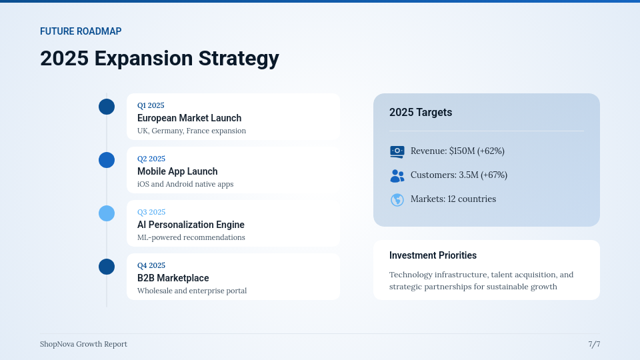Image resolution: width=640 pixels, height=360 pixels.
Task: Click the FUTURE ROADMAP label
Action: pos(81,31)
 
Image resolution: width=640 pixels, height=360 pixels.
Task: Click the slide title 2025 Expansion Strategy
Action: pos(159,58)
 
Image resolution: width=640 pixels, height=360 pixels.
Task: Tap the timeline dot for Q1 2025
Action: pos(107,107)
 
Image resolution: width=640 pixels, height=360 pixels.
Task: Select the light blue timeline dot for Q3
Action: pos(107,213)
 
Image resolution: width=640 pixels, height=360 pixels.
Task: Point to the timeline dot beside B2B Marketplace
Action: pos(107,267)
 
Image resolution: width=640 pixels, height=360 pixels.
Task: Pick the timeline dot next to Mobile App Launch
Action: pos(107,160)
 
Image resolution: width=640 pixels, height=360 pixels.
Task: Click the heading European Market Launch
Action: pos(189,118)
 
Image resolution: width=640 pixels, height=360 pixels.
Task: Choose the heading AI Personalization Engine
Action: pos(191,225)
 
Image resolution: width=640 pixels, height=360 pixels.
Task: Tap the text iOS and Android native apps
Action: pos(185,184)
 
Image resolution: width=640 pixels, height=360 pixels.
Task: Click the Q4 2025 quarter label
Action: pos(151,265)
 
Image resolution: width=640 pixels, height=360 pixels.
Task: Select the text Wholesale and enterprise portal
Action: pos(192,291)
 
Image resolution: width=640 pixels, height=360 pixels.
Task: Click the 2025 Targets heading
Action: pos(421,113)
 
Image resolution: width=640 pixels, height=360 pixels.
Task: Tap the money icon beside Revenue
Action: pos(397,151)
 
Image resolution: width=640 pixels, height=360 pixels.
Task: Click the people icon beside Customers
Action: pos(397,175)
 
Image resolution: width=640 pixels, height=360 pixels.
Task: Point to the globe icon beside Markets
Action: pos(397,199)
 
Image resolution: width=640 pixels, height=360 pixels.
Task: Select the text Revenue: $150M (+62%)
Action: pos(457,151)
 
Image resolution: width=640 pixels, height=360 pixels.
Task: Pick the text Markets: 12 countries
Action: pos(453,199)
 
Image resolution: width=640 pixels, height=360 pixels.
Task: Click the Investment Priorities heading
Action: pos(433,255)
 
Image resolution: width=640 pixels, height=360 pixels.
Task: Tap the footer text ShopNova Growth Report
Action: pos(83,344)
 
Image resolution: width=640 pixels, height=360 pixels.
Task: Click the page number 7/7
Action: pos(594,344)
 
